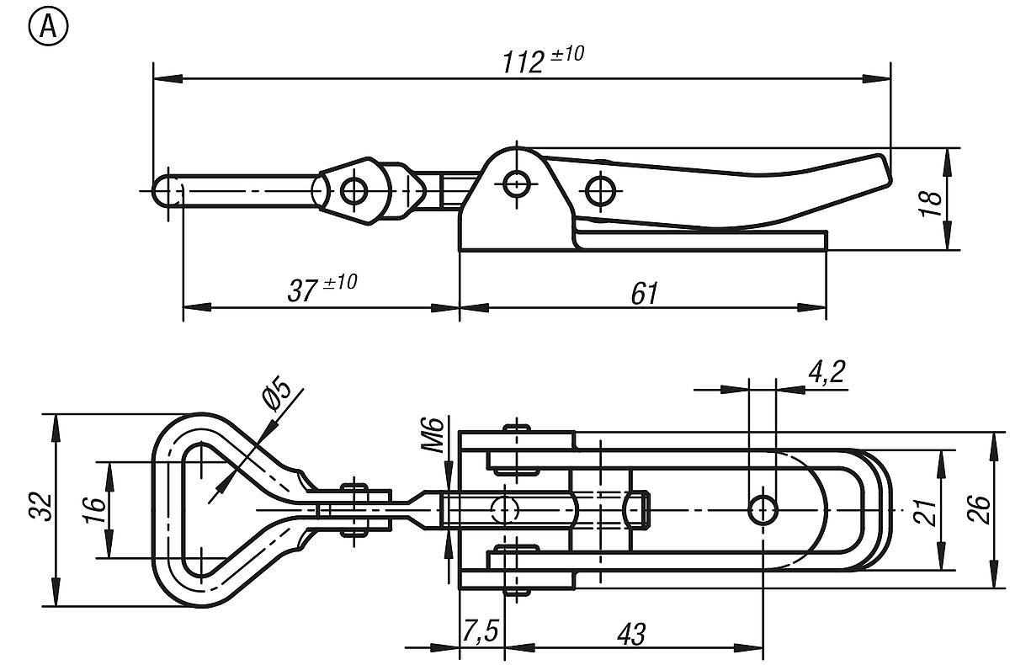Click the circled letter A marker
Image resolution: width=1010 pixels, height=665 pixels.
[48, 27]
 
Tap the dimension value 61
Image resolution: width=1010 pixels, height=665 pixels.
[643, 293]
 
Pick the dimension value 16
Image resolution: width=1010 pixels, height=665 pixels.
[95, 508]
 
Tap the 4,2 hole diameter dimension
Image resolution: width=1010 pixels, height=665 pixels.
[826, 373]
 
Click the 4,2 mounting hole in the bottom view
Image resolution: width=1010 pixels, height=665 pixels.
[763, 509]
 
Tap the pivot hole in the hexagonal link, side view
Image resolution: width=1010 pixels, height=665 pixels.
[354, 190]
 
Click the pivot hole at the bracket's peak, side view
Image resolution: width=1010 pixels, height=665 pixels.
[515, 181]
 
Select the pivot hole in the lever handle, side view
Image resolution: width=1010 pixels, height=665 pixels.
[599, 190]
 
